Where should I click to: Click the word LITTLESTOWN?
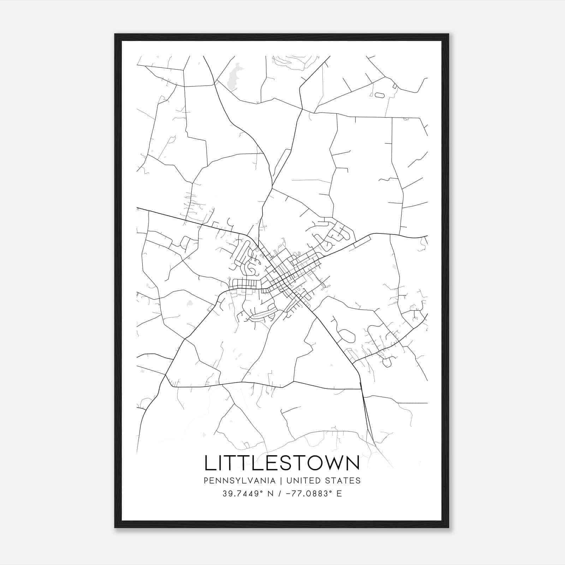282,463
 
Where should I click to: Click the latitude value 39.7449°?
243,494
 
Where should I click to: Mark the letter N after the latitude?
270,494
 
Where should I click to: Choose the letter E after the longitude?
339,494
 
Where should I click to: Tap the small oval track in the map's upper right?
379,95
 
